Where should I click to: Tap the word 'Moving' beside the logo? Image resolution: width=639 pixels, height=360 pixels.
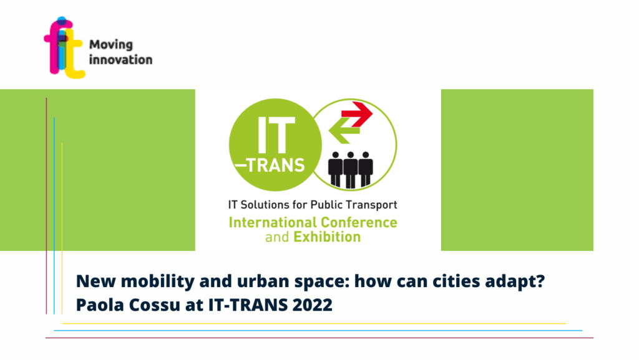(x=111, y=45)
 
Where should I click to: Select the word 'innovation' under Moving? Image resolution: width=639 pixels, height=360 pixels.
(x=120, y=59)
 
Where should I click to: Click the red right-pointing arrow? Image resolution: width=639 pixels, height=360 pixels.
(x=356, y=114)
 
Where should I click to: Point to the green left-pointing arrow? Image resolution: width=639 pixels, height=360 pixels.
(x=344, y=130)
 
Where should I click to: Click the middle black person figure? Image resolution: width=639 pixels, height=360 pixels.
(x=351, y=170)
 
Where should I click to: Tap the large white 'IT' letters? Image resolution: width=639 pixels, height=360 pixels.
(x=276, y=135)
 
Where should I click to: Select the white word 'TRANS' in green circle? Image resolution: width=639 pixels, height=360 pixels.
(x=275, y=165)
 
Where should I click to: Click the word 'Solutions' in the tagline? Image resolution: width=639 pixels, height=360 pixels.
(x=265, y=205)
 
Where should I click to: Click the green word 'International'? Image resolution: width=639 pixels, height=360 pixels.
(x=273, y=222)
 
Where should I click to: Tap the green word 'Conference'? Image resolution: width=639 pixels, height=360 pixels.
(x=359, y=222)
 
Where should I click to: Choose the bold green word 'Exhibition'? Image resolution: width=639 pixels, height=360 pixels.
(x=327, y=236)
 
